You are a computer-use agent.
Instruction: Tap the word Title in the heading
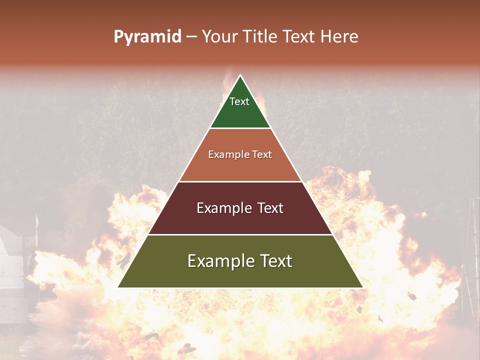[x=261, y=37]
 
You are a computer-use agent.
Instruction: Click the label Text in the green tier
[x=239, y=101]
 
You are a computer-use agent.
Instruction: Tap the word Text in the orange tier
[x=262, y=155]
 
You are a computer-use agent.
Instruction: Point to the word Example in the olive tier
[x=217, y=261]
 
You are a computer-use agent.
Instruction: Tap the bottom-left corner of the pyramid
[x=118, y=287]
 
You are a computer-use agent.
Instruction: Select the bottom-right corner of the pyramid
[x=362, y=287]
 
